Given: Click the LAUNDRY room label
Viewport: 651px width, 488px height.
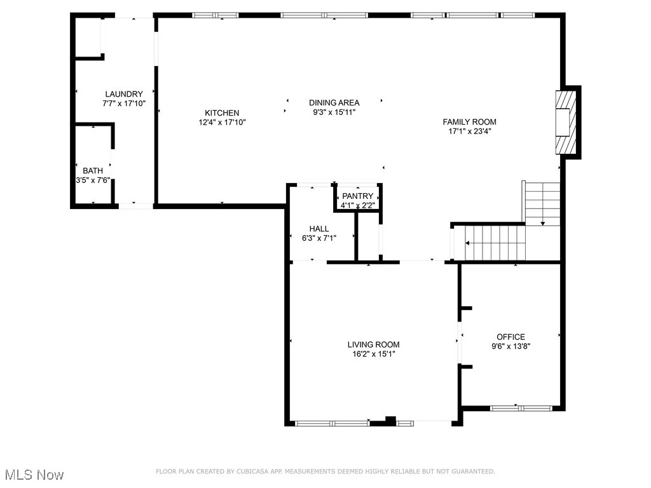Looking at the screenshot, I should tap(124, 94).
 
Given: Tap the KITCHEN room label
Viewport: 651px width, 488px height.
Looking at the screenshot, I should tap(221, 113).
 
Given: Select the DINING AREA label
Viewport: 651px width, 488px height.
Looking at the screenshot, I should tap(334, 103).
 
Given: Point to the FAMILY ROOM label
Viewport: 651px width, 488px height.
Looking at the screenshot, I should tap(469, 122).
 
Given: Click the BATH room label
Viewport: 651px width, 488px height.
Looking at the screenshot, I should tap(93, 171).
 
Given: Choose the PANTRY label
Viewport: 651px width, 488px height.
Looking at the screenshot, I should tap(357, 196).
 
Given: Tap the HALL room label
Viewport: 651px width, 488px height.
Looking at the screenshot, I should tap(319, 229).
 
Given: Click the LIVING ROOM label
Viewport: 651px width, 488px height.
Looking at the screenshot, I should tap(373, 345).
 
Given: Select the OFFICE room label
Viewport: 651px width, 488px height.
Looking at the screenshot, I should tap(511, 337).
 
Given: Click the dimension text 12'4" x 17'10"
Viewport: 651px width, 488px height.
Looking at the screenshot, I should tap(221, 123).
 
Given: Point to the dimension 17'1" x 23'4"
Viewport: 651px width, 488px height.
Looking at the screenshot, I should tap(469, 132).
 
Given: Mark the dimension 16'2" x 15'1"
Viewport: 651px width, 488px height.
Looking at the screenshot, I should tap(373, 355).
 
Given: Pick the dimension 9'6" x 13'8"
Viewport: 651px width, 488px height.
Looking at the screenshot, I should tap(511, 347).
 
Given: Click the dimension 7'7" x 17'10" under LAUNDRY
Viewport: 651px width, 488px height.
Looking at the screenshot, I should tap(124, 103).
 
